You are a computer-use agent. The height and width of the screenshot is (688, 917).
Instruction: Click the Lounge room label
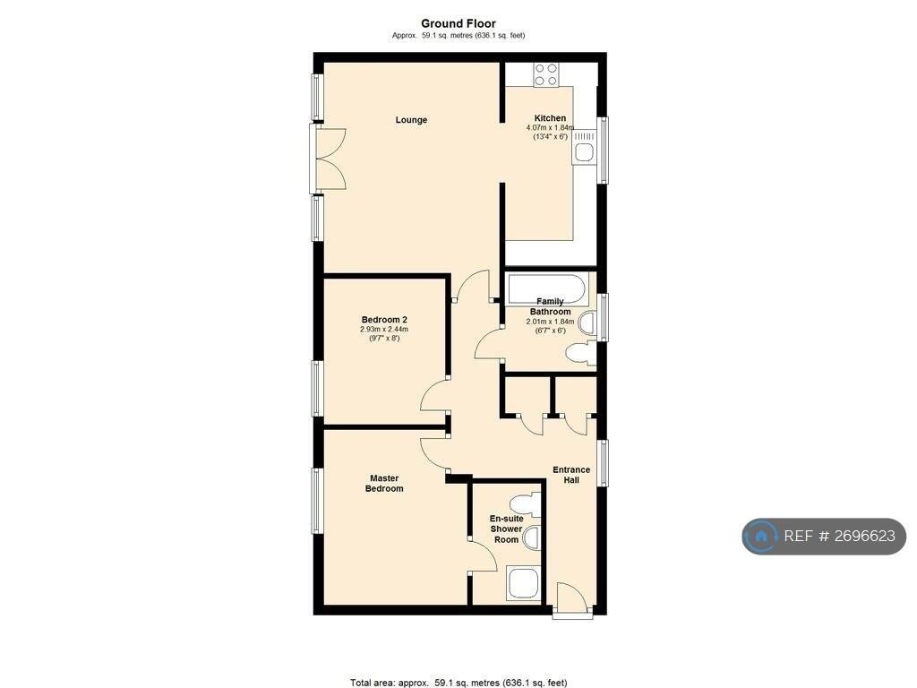(411, 120)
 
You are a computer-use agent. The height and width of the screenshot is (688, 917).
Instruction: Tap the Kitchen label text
(550, 118)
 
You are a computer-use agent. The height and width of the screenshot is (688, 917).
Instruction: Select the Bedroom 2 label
(384, 320)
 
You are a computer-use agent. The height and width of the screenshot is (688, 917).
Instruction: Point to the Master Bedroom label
(384, 483)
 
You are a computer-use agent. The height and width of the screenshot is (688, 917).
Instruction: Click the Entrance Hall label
(571, 475)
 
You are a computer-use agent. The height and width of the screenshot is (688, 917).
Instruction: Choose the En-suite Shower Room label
(507, 529)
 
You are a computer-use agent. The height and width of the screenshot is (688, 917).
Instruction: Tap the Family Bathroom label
(551, 306)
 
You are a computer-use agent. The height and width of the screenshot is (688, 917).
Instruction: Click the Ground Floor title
(458, 23)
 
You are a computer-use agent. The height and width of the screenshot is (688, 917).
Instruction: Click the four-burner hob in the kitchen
(545, 74)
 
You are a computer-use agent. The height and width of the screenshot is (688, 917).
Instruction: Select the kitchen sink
(584, 148)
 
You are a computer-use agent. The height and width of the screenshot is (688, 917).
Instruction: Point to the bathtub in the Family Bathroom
(547, 289)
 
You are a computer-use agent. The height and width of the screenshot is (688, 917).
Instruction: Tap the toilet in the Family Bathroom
(580, 353)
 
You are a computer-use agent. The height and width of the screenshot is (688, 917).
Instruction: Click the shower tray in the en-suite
(522, 582)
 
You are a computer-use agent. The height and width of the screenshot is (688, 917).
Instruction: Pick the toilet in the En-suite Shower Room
(525, 503)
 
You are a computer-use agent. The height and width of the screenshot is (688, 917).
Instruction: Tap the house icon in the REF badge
(761, 536)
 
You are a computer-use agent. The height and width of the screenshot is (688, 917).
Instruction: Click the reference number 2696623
(864, 536)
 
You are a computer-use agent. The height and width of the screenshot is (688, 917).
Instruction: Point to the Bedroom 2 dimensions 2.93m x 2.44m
(384, 330)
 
